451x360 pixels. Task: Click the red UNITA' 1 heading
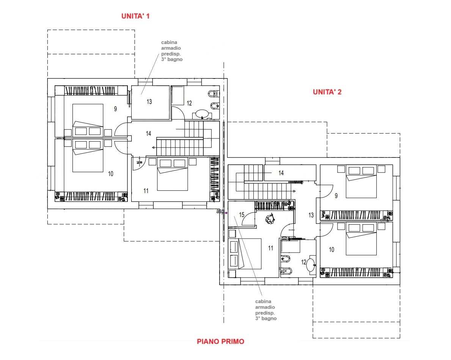pyautogui.click(x=135, y=16)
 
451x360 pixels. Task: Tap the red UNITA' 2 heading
pyautogui.click(x=327, y=92)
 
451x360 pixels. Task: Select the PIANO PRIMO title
pyautogui.click(x=220, y=341)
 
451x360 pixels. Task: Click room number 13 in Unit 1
pyautogui.click(x=149, y=102)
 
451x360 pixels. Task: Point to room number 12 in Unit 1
pyautogui.click(x=189, y=103)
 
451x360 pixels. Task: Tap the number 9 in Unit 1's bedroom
pyautogui.click(x=115, y=109)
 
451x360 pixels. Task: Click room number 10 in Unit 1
pyautogui.click(x=110, y=174)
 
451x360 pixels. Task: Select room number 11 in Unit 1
pyautogui.click(x=146, y=191)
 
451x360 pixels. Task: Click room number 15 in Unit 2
pyautogui.click(x=242, y=215)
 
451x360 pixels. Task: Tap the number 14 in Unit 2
pyautogui.click(x=281, y=173)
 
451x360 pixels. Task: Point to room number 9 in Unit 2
pyautogui.click(x=336, y=196)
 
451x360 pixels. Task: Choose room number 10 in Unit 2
pyautogui.click(x=332, y=250)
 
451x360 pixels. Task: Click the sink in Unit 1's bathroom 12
pyautogui.click(x=202, y=114)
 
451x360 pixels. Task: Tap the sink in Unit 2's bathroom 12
pyautogui.click(x=311, y=265)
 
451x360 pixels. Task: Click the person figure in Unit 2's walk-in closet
pyautogui.click(x=270, y=219)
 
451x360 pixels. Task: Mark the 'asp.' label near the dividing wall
pyautogui.click(x=220, y=211)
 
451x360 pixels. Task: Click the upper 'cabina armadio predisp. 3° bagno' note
pyautogui.click(x=172, y=51)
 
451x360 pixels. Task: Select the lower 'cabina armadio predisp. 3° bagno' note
pyautogui.click(x=266, y=310)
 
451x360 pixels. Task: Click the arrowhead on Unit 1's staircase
pyautogui.click(x=153, y=148)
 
